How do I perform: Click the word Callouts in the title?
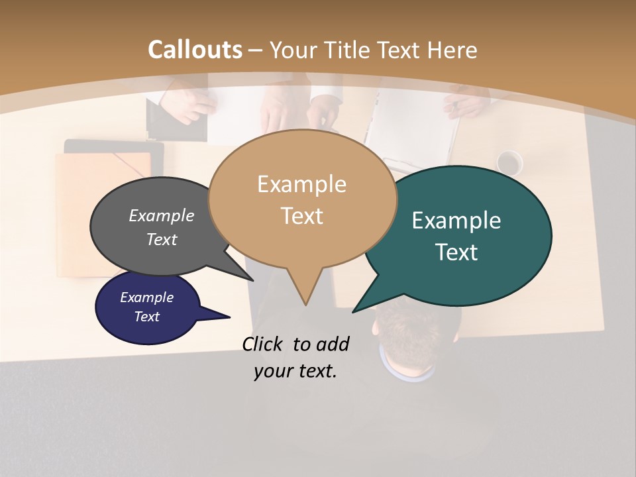point(195,50)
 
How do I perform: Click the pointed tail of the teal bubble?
point(355,310)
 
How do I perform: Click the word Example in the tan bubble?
point(302,184)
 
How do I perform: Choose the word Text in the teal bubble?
point(456,252)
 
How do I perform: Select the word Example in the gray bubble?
point(162,216)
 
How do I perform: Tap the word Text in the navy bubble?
point(147,317)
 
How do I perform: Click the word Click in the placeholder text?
point(263,344)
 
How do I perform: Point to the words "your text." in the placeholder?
point(295,371)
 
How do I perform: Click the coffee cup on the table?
point(509,162)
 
